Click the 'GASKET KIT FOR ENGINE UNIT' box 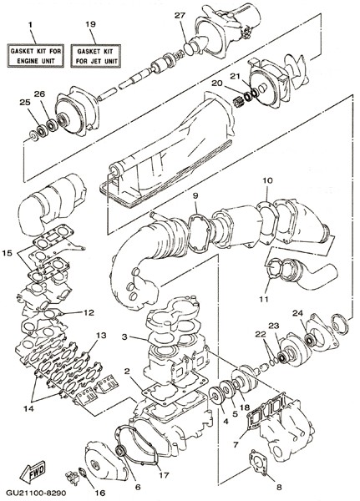[x=35, y=56]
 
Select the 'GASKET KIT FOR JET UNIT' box [x=95, y=56]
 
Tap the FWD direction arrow [x=33, y=472]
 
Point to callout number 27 [x=180, y=16]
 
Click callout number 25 [x=25, y=102]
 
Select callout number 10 [x=268, y=180]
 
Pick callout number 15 [x=7, y=253]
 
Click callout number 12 [x=89, y=312]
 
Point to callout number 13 [x=101, y=335]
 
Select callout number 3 [x=125, y=337]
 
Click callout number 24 [x=297, y=313]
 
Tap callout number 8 [x=279, y=488]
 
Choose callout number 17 [x=164, y=475]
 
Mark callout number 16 [x=100, y=493]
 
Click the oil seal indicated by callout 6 [x=121, y=452]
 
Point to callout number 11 [x=264, y=300]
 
